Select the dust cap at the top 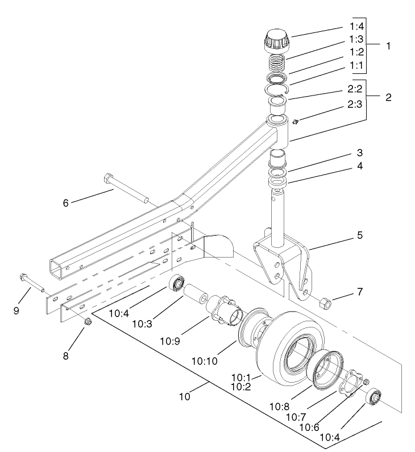[x=277, y=40]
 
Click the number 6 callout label [x=66, y=202]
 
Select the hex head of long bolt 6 [x=109, y=180]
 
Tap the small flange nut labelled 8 [x=88, y=323]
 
